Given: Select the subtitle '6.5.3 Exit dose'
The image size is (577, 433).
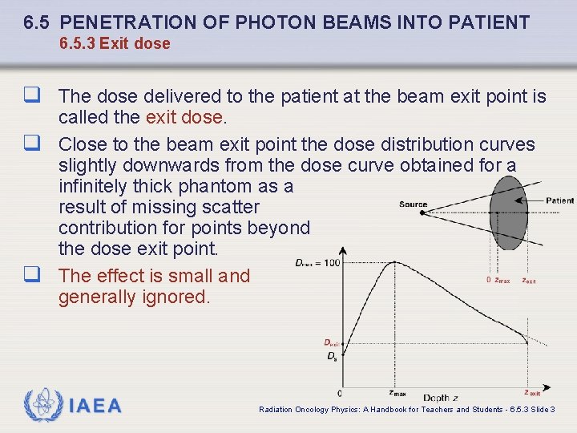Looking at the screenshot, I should coord(115,43).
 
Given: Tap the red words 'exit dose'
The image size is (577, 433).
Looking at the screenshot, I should coord(184,117).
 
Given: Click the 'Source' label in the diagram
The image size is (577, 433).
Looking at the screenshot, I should coord(413,204).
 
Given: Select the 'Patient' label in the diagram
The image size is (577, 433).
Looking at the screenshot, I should coord(559,200).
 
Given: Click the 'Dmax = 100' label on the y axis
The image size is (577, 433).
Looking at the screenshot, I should coord(317,262).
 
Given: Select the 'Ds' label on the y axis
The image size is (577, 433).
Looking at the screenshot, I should coord(331,356).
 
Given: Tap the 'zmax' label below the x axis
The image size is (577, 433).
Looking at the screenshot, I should coord(397,394).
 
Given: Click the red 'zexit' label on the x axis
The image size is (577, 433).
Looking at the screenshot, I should coord(531,393).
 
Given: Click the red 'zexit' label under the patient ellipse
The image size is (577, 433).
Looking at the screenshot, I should coord(528,281).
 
